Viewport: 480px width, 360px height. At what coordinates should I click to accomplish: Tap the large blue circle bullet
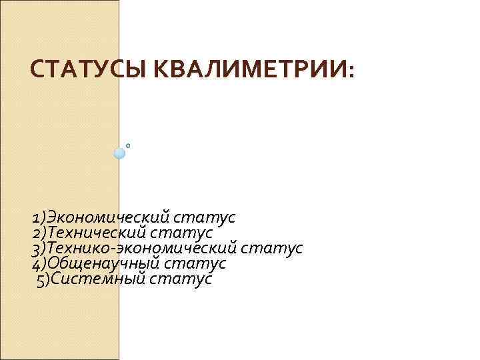tap(119, 153)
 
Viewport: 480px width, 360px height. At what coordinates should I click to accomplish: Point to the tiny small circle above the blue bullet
tap(127, 145)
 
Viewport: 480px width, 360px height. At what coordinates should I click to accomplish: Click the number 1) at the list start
tap(38, 217)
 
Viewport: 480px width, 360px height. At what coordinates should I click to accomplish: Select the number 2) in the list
tap(38, 233)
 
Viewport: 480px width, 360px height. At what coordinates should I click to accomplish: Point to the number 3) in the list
tap(38, 248)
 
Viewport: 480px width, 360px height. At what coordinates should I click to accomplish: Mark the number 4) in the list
tap(38, 263)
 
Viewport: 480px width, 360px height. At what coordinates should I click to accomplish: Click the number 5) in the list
tap(43, 279)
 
